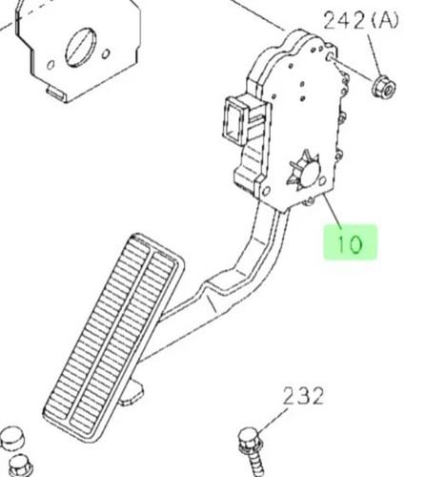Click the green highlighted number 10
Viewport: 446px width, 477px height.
point(350,243)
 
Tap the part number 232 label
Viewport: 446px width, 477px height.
point(303,396)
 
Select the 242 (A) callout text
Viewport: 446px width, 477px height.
point(360,22)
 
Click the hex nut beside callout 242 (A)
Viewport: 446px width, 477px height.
point(384,87)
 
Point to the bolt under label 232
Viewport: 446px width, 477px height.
point(251,451)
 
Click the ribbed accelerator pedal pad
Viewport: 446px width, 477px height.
point(113,337)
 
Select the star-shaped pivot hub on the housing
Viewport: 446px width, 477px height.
point(304,172)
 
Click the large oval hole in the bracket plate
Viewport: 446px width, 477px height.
point(81,48)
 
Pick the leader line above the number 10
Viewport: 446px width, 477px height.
point(333,211)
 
